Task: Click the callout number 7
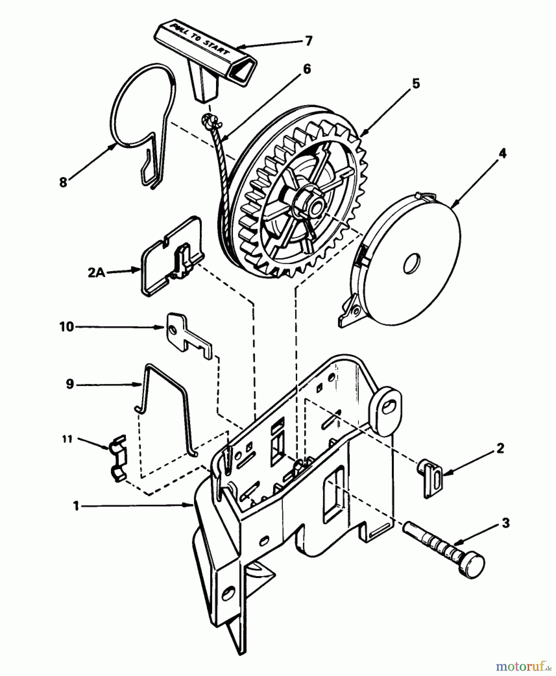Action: tap(308, 41)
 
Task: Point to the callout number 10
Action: tap(66, 326)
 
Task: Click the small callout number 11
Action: tap(67, 439)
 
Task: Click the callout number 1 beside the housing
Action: tap(76, 506)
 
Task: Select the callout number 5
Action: tap(415, 83)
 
